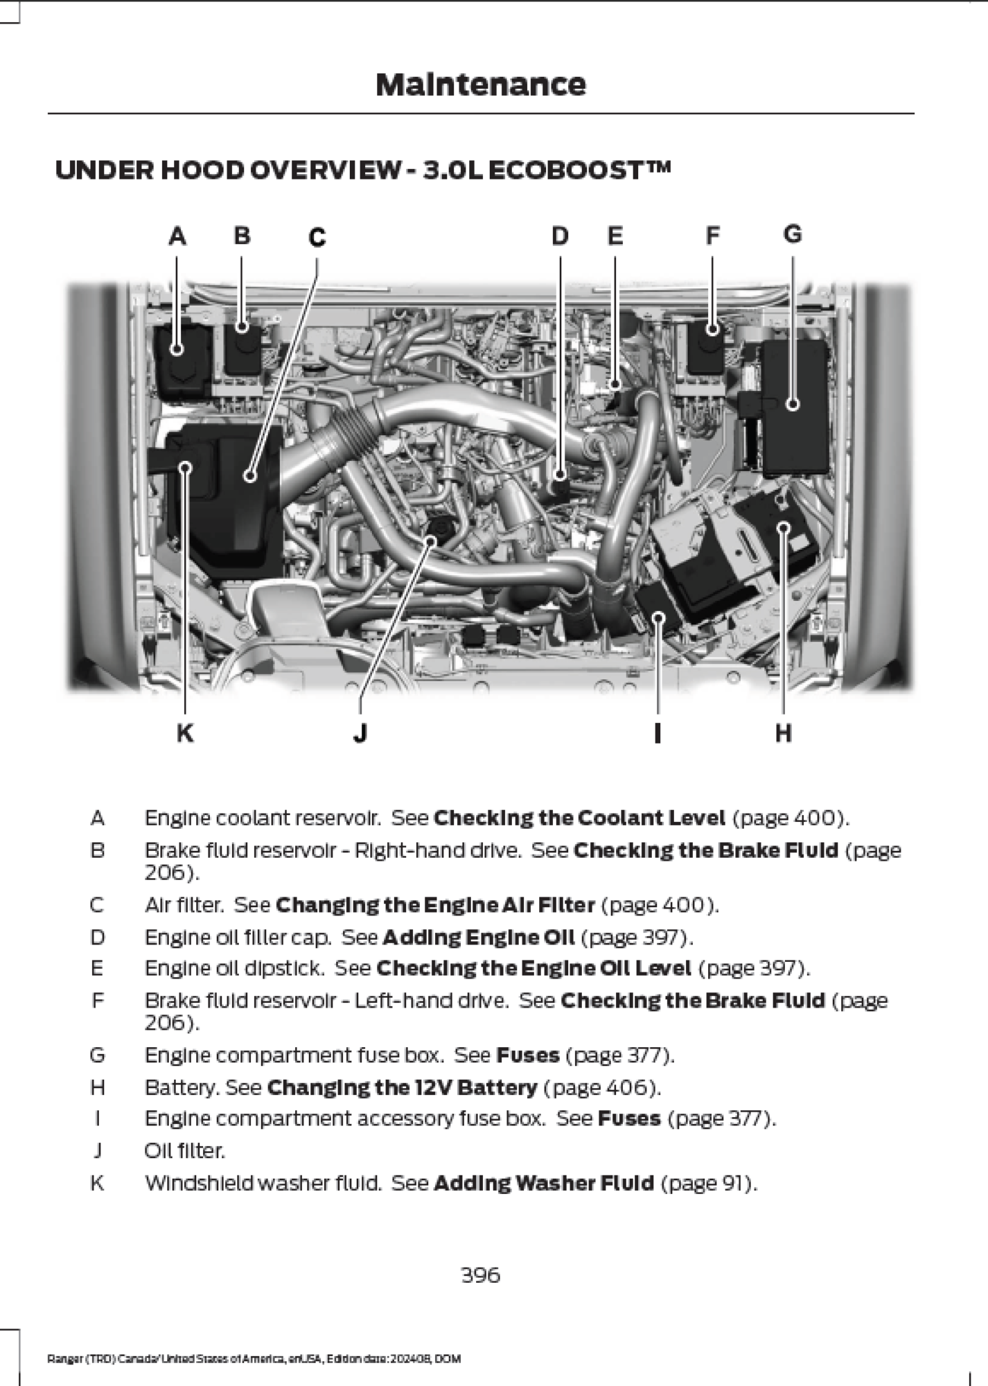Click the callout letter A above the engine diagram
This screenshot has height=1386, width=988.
pyautogui.click(x=177, y=237)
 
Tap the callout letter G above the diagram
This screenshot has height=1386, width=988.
pyautogui.click(x=793, y=234)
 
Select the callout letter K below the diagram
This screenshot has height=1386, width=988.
pyautogui.click(x=185, y=733)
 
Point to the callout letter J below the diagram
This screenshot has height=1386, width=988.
pyautogui.click(x=360, y=733)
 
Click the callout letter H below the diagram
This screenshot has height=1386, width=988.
pyautogui.click(x=783, y=733)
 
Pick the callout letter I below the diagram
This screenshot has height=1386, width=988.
pyautogui.click(x=658, y=733)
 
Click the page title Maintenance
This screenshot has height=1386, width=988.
pyautogui.click(x=481, y=85)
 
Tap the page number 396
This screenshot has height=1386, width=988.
pyautogui.click(x=481, y=1275)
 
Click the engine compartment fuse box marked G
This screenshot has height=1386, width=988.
pyautogui.click(x=794, y=405)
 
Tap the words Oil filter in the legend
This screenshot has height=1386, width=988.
pyautogui.click(x=185, y=1151)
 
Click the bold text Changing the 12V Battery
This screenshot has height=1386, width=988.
pyautogui.click(x=402, y=1087)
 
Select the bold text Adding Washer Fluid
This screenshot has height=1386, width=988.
pyautogui.click(x=543, y=1183)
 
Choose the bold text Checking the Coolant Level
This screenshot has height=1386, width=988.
pyautogui.click(x=579, y=818)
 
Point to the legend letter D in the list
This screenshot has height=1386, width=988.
pyautogui.click(x=97, y=938)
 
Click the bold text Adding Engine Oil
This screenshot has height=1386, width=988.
pyautogui.click(x=478, y=938)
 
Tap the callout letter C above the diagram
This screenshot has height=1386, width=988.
pyautogui.click(x=317, y=238)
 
